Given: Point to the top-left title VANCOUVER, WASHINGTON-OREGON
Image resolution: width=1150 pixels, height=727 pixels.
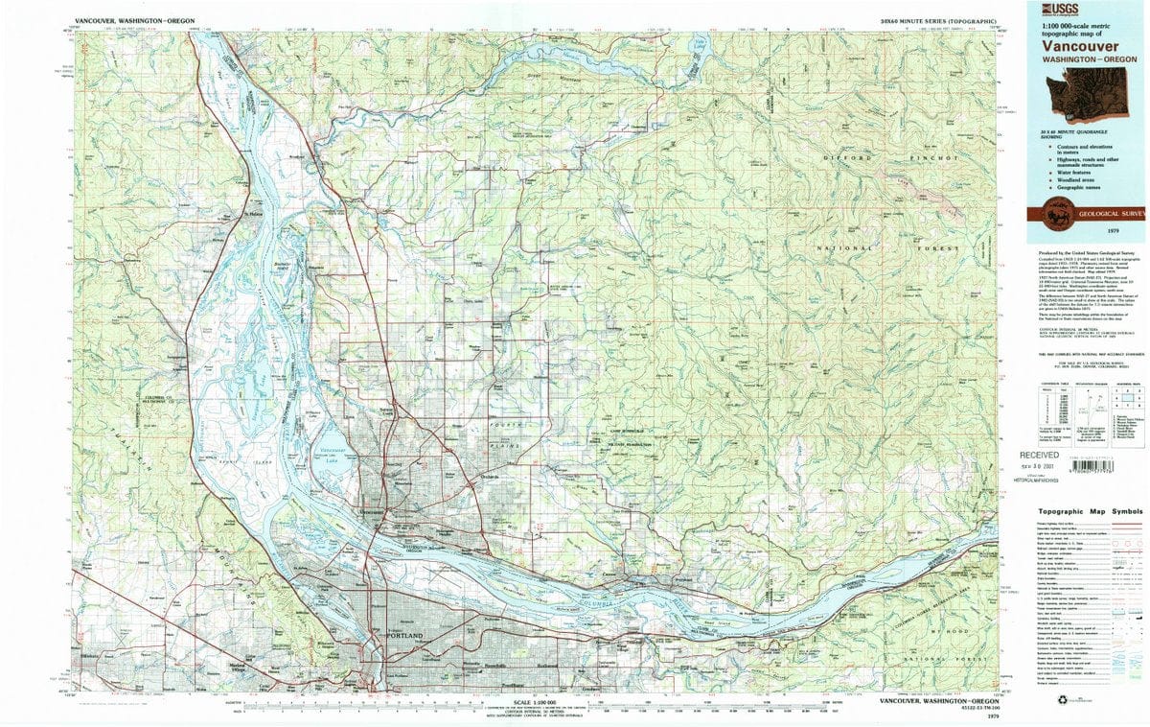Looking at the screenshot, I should (x=130, y=20).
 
